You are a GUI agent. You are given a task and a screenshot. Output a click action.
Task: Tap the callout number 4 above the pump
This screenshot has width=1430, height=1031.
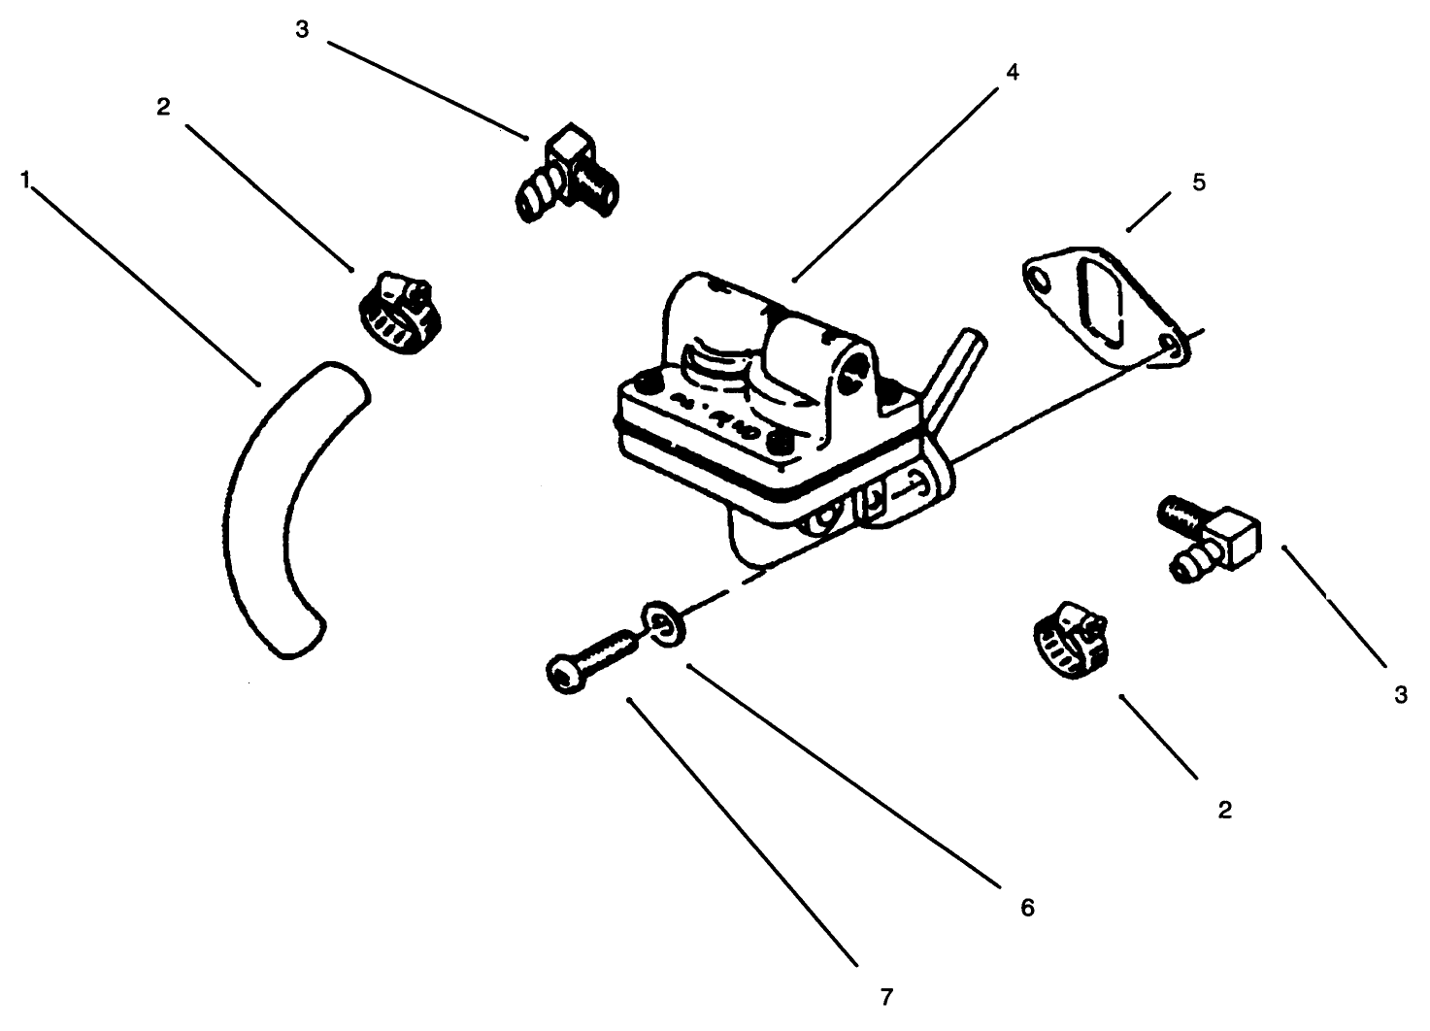click(x=1012, y=72)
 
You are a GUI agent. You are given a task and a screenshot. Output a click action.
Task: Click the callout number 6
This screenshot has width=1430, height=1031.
click(x=1027, y=907)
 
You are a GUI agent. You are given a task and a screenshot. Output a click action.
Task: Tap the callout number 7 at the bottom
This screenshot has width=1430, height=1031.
click(x=885, y=996)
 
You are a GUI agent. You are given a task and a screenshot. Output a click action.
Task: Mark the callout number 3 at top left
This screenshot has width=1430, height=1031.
click(x=302, y=29)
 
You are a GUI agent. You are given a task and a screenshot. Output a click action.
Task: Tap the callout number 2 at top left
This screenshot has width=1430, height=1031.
click(x=163, y=107)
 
